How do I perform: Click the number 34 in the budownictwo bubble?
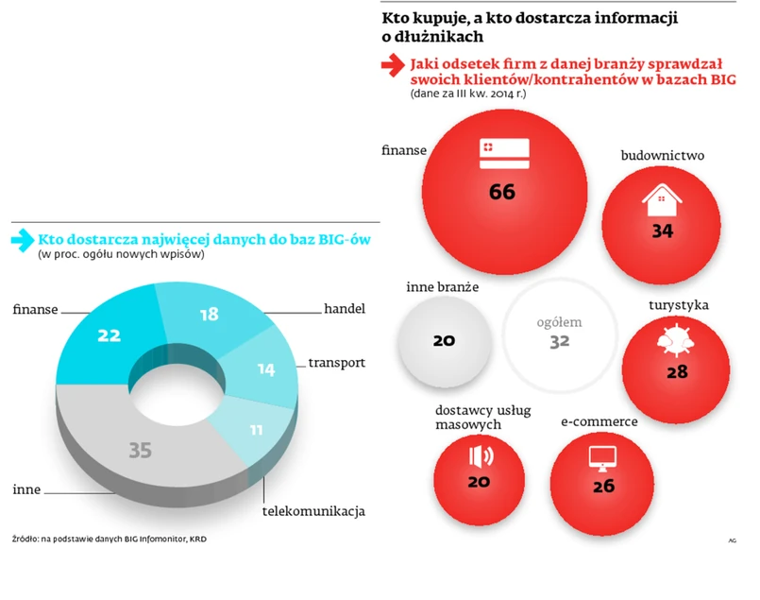662,230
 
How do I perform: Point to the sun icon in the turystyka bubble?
676,341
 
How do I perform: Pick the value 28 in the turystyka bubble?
677,371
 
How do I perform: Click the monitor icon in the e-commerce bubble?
603,457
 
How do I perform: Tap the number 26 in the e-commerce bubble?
603,487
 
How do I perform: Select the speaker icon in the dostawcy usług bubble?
481,455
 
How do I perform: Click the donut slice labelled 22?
107,335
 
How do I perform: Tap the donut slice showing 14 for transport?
266,369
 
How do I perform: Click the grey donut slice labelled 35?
140,450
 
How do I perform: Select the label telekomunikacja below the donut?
313,512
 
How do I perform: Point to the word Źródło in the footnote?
25,540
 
